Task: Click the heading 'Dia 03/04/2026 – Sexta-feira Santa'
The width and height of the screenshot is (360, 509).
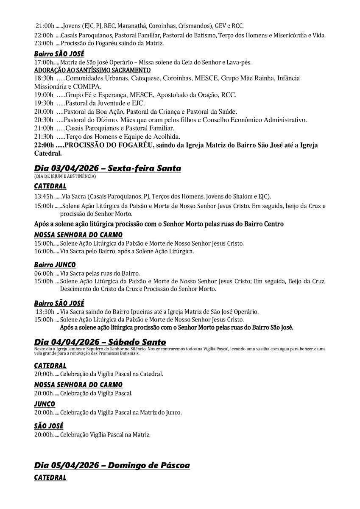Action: (107, 168)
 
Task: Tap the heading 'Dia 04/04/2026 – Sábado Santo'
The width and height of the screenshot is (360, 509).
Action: (100, 342)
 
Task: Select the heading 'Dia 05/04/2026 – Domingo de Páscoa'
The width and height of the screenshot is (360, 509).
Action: (112, 465)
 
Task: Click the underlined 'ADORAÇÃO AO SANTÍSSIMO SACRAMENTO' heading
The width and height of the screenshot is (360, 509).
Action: (92, 70)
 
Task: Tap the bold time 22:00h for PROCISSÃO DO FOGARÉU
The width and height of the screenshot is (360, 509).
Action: (44, 145)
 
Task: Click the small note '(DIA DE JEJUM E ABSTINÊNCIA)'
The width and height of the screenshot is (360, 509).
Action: (65, 176)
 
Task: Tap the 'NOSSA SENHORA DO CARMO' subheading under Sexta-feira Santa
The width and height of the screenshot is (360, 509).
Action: (78, 235)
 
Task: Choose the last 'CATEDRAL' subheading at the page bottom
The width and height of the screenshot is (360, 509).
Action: (50, 478)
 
